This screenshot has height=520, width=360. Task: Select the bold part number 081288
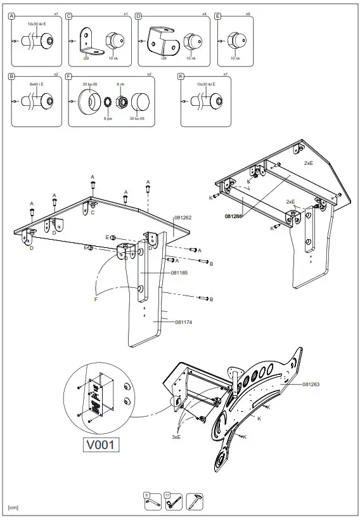(234, 216)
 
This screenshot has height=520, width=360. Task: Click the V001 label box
(101, 445)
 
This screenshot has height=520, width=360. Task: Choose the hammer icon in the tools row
(195, 501)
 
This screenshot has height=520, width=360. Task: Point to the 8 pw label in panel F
(108, 118)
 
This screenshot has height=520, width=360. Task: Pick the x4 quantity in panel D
(204, 14)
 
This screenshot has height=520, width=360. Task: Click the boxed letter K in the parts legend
(182, 75)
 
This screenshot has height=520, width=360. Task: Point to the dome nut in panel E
(235, 41)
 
